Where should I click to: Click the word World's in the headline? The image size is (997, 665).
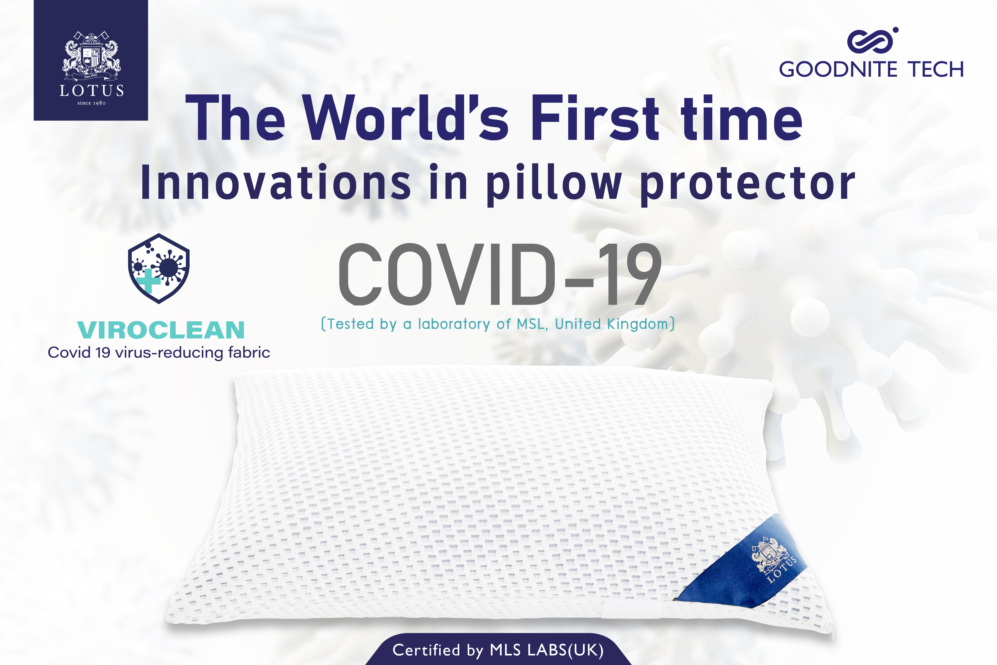406,119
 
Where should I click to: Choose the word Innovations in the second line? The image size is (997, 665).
276,183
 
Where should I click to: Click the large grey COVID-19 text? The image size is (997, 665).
500,275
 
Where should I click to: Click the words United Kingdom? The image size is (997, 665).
612,324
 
